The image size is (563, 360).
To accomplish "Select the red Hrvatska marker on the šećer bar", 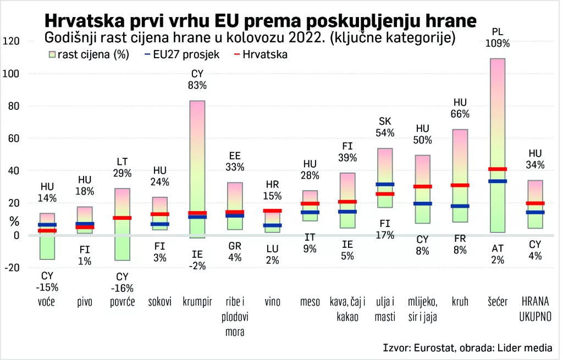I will (x=498, y=169).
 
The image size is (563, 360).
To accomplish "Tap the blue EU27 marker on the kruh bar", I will (x=460, y=206).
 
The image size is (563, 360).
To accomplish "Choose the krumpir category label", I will (x=197, y=301).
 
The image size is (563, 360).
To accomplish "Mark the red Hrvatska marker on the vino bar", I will (x=272, y=211).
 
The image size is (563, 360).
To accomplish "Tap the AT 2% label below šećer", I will (x=498, y=254).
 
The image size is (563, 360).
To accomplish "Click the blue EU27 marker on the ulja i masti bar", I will (x=385, y=184).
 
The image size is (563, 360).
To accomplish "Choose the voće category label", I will (x=47, y=301).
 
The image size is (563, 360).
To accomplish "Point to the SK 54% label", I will (x=385, y=127).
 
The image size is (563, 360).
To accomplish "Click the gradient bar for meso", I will (x=310, y=206).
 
